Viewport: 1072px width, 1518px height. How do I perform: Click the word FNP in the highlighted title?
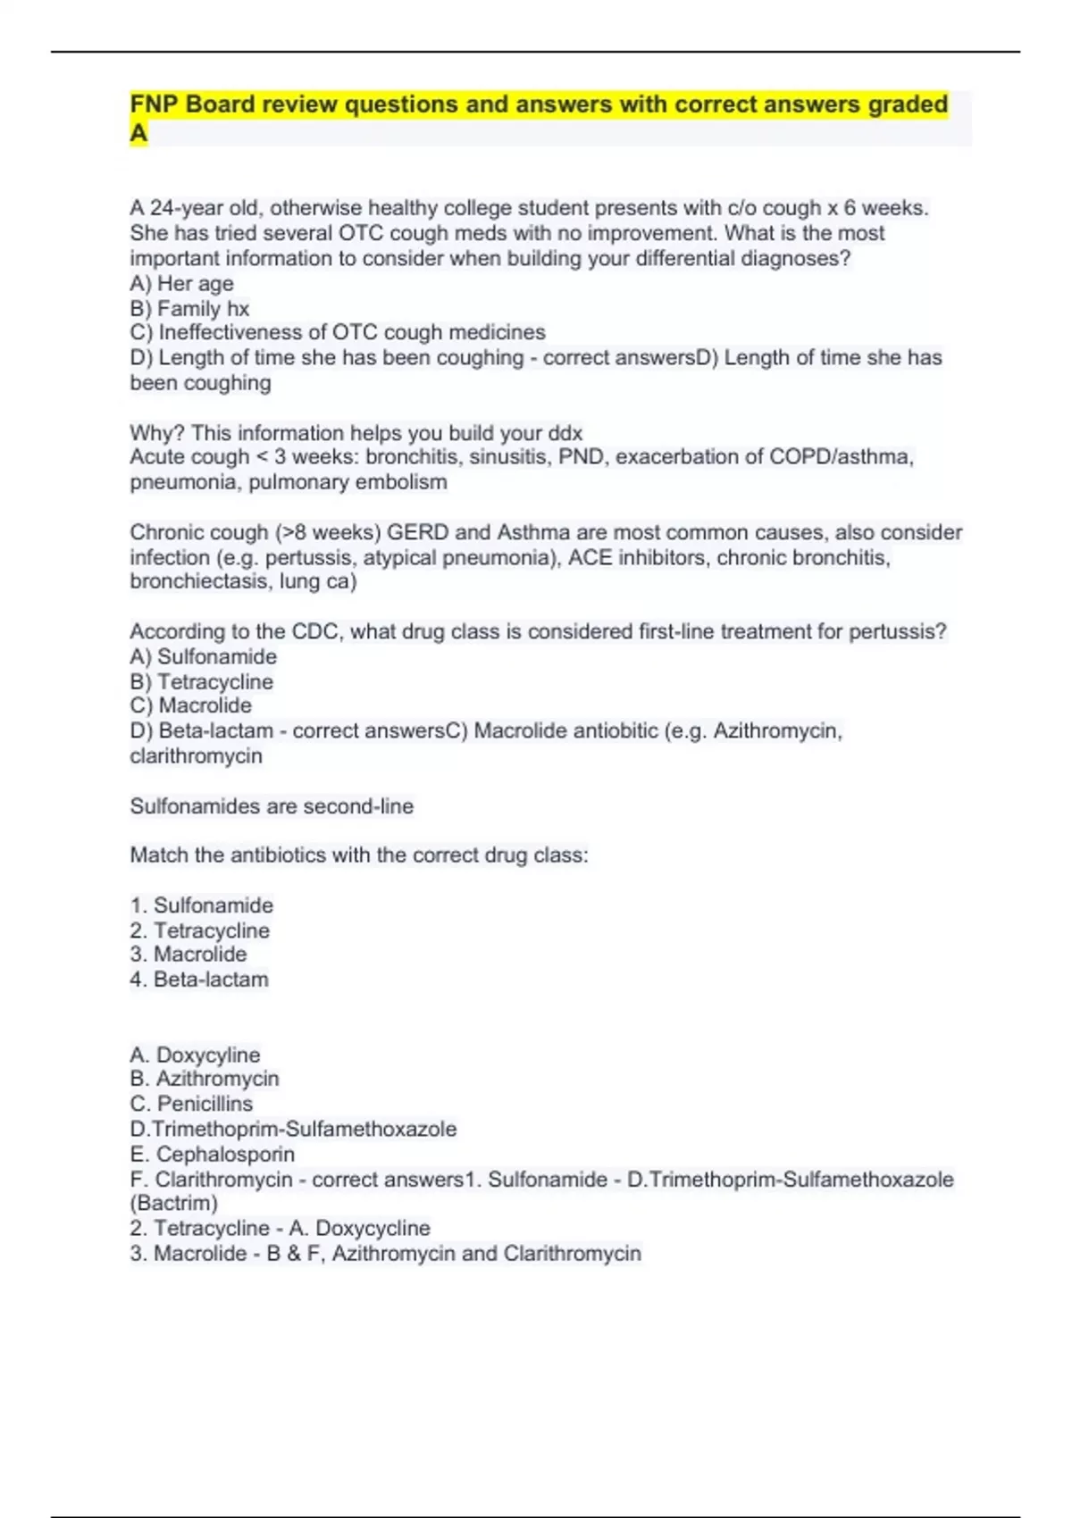(x=155, y=104)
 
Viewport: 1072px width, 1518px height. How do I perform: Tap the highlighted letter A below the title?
(x=138, y=133)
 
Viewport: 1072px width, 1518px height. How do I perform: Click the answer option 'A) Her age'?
(x=181, y=283)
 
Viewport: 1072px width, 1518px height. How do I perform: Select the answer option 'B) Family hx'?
(x=189, y=308)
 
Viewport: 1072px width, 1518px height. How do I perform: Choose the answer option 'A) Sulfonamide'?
(x=203, y=656)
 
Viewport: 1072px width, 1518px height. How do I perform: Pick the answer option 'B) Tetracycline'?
(x=201, y=681)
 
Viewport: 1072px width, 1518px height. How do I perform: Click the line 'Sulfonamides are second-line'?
(x=272, y=806)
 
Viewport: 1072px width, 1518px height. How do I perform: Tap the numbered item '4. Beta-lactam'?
(x=198, y=980)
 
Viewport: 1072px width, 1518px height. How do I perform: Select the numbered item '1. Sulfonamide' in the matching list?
(x=201, y=905)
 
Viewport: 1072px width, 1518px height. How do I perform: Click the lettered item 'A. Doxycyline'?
(x=195, y=1055)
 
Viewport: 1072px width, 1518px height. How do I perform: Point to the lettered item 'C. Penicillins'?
(x=191, y=1104)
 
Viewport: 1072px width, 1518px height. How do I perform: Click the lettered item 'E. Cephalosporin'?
(x=212, y=1154)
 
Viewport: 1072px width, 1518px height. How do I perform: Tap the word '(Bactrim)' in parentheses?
(x=173, y=1203)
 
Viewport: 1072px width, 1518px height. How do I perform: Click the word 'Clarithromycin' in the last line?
(x=572, y=1253)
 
